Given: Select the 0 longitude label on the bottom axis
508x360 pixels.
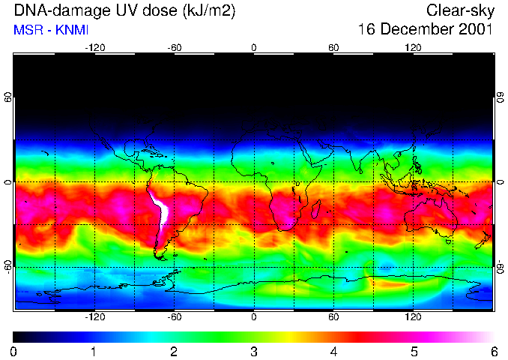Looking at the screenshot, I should click(254, 317).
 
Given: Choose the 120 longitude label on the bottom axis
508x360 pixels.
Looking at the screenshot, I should click(413, 317).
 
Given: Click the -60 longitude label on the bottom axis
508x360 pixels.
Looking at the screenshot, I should click(174, 317).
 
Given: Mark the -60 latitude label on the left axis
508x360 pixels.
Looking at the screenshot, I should click(8, 266).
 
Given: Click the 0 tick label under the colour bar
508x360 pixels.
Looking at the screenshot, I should click(14, 351).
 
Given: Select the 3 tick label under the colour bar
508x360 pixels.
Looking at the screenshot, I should click(254, 351).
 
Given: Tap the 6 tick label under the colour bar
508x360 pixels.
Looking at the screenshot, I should click(494, 351).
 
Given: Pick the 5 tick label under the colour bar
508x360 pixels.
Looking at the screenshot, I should click(414, 351).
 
